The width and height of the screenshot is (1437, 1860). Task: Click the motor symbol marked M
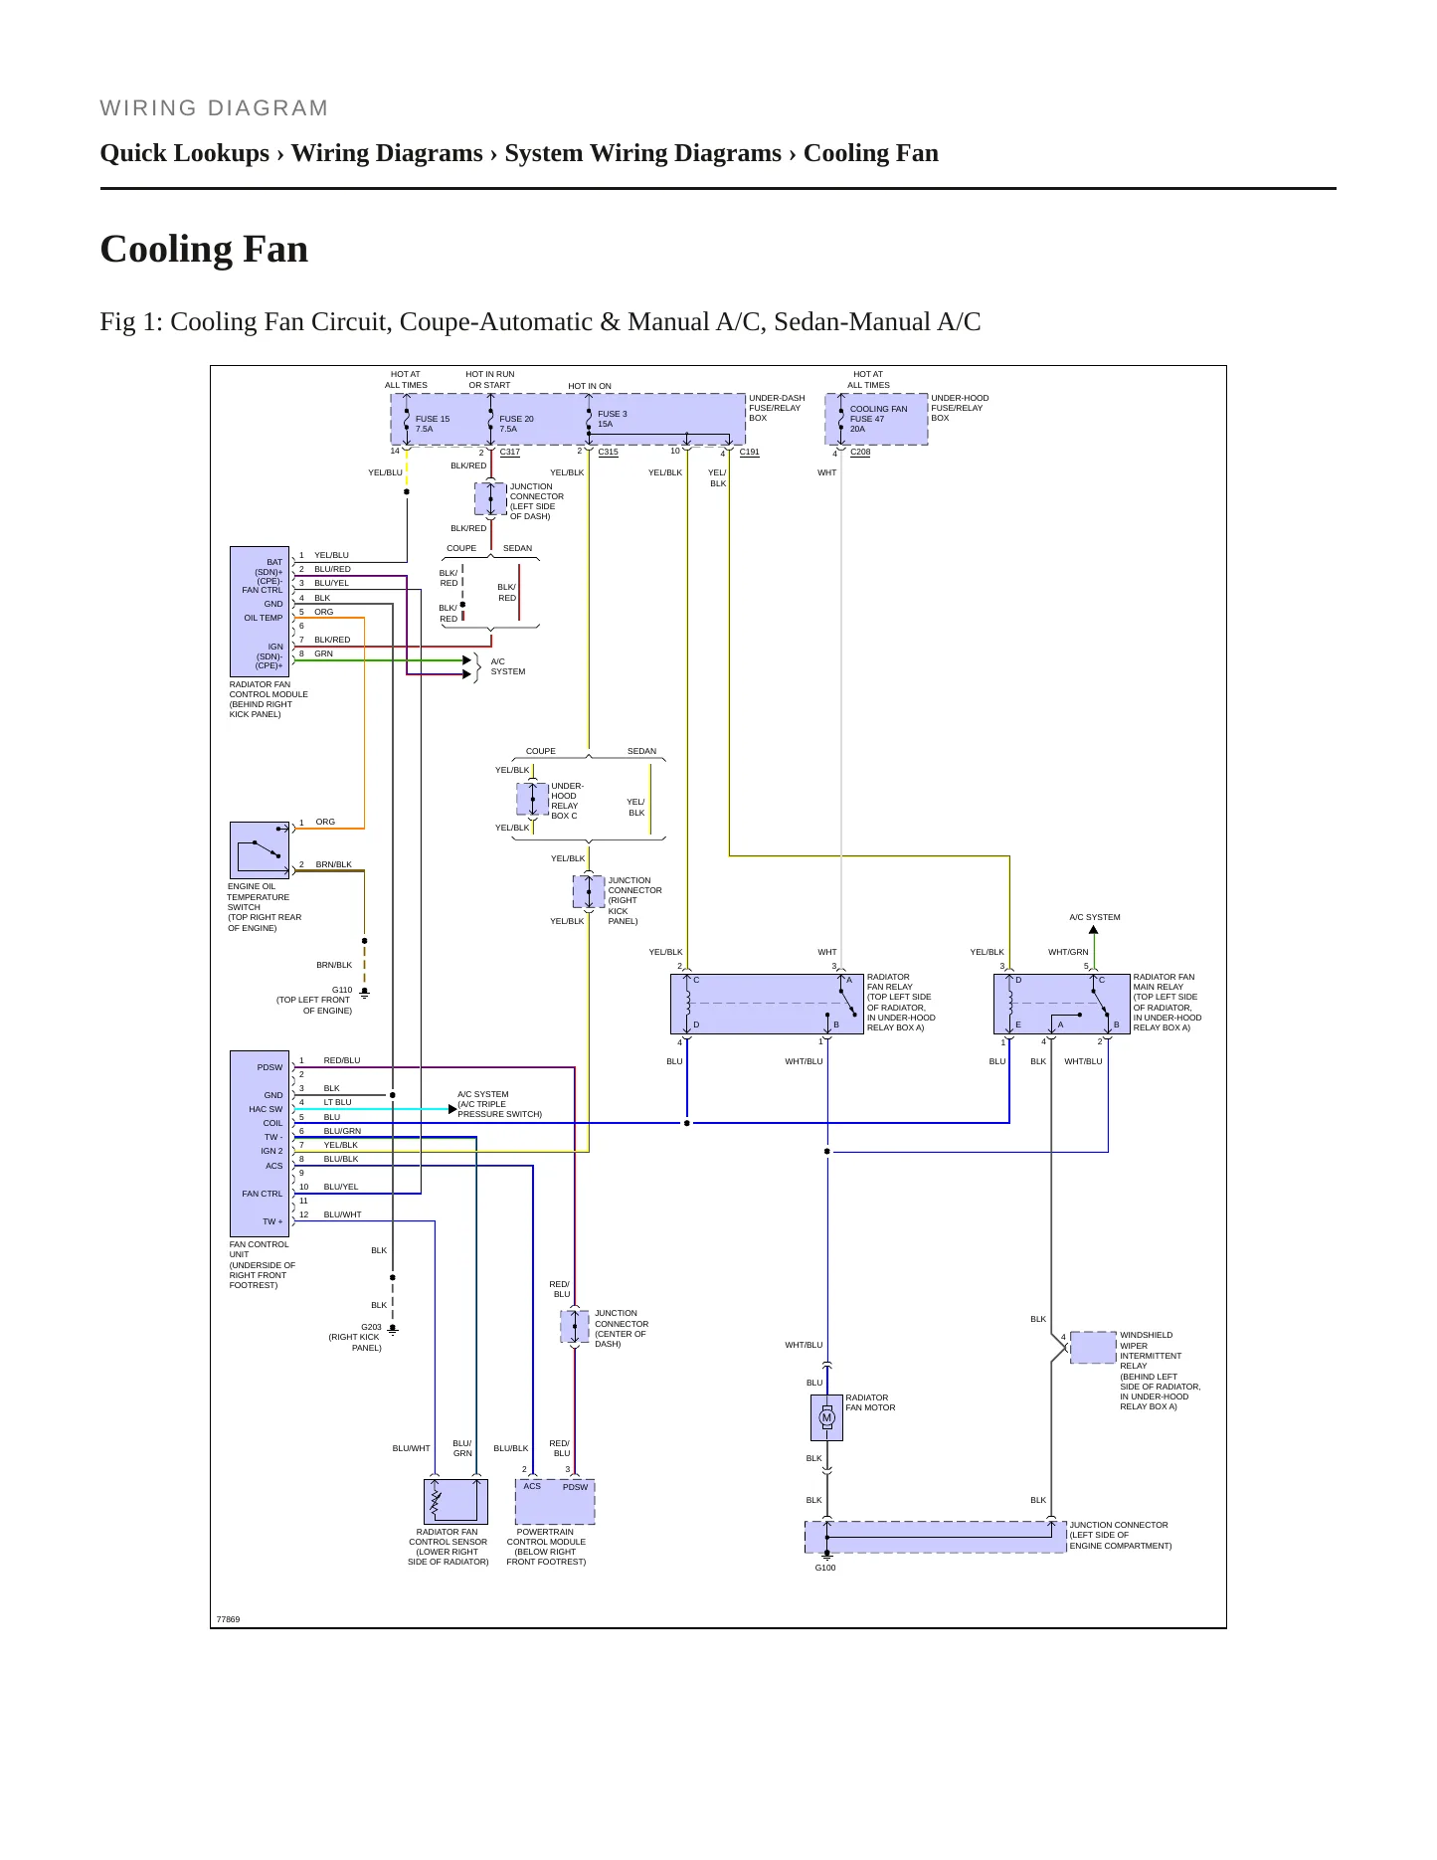click(826, 1417)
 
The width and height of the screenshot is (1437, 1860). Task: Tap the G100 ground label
click(825, 1568)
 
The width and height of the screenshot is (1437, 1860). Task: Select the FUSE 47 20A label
click(867, 424)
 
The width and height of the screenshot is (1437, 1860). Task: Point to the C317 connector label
click(510, 452)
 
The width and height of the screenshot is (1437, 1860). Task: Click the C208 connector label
click(860, 452)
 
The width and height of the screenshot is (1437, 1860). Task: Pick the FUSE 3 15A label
click(613, 419)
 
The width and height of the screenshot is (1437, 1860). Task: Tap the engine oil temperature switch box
click(260, 850)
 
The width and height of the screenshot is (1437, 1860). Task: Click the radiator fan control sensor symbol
click(455, 1501)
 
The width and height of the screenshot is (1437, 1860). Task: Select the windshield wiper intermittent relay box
click(1093, 1348)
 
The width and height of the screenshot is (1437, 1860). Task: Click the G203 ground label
click(371, 1327)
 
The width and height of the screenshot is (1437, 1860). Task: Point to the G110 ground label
click(342, 990)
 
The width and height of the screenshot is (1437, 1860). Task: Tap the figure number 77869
click(228, 1619)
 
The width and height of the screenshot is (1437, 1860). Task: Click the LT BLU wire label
click(337, 1102)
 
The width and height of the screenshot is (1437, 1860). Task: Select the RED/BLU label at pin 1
click(342, 1060)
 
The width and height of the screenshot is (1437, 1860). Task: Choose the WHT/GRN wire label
click(1068, 952)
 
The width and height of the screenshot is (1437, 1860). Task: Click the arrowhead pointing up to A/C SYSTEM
click(1094, 930)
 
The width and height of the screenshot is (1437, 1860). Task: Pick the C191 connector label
click(750, 452)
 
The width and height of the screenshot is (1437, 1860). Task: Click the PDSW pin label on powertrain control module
click(576, 1487)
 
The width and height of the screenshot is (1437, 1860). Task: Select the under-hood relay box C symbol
click(533, 799)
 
